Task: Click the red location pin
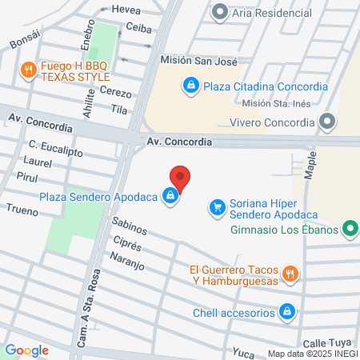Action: (x=180, y=178)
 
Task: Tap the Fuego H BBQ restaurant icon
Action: (x=29, y=70)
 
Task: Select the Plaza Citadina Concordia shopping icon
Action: (x=190, y=86)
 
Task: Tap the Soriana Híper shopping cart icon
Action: (x=217, y=208)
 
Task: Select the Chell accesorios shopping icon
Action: (x=286, y=311)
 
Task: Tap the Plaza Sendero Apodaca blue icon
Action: (x=170, y=195)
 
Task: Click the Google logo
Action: (x=26, y=350)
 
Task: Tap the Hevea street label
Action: (x=126, y=10)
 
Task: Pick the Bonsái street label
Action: (x=24, y=42)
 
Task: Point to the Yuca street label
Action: (x=242, y=351)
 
